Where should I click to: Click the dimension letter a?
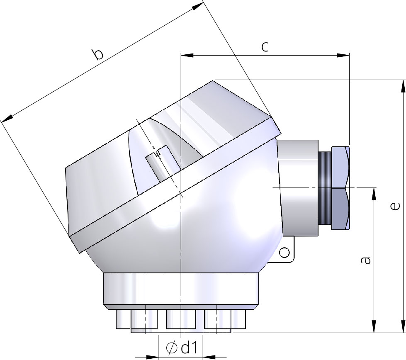pyautogui.click(x=365, y=260)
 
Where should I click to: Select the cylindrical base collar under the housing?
pyautogui.click(x=181, y=290)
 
